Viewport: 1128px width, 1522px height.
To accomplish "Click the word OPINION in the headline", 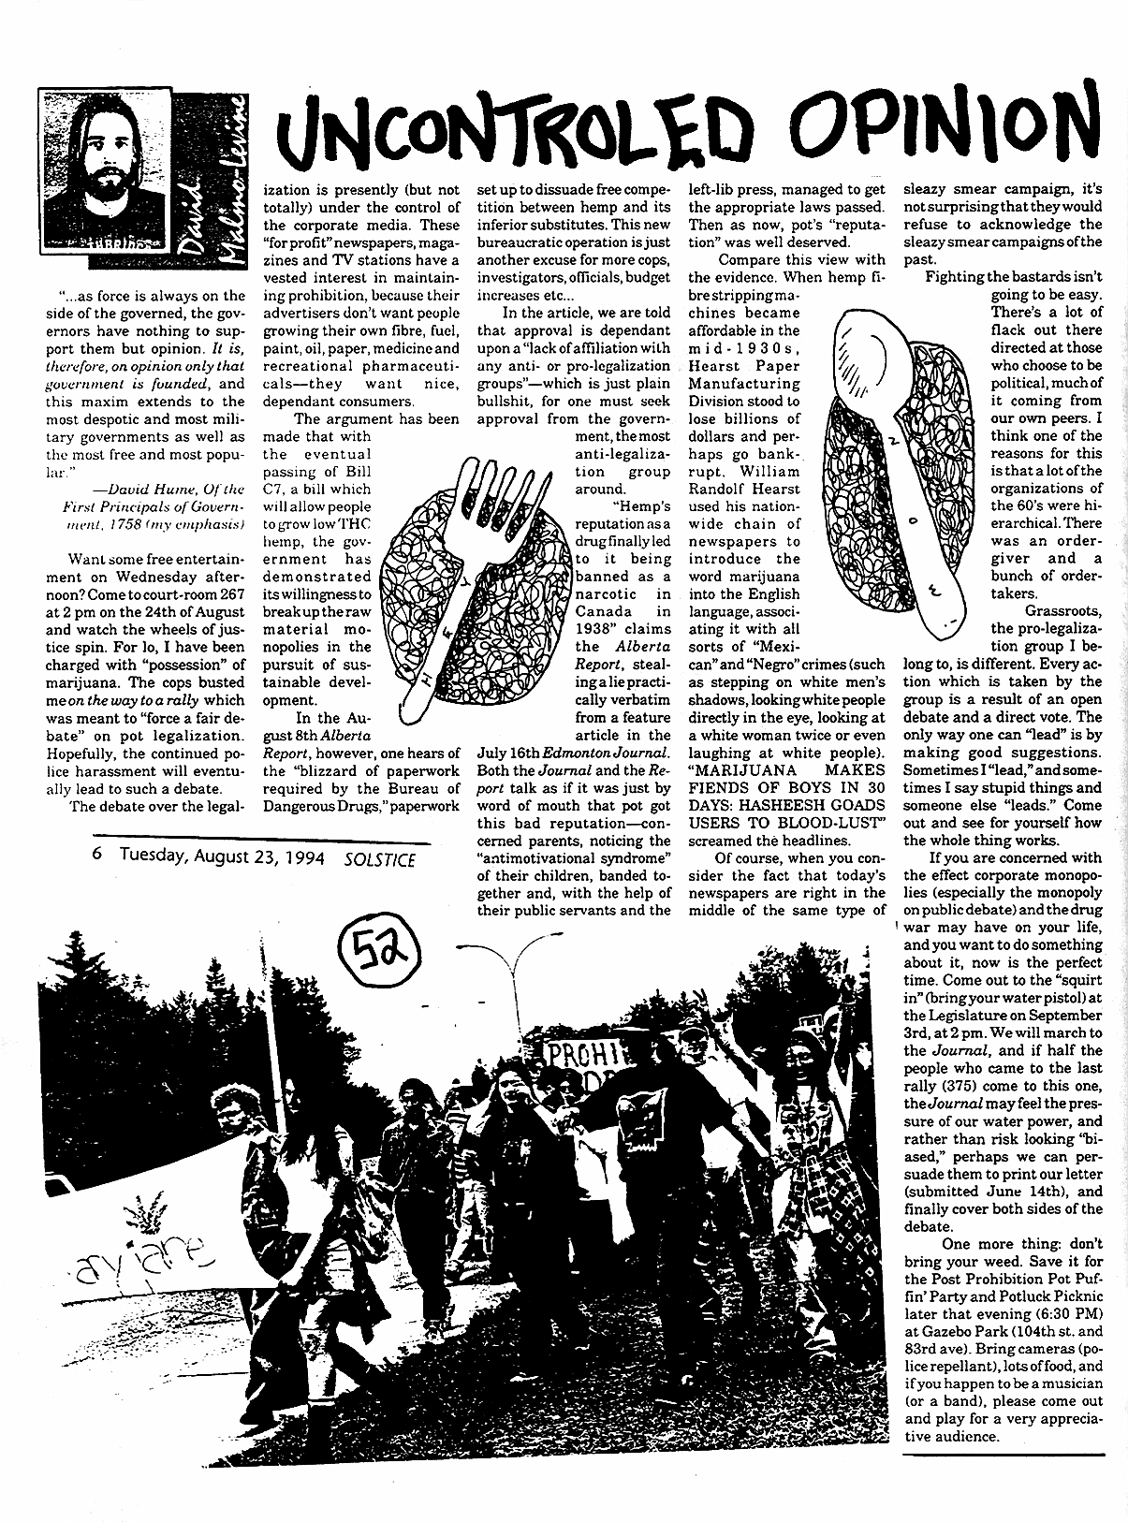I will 947,128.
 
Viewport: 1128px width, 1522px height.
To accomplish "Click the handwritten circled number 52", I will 374,951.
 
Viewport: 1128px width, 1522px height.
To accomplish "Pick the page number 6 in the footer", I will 97,856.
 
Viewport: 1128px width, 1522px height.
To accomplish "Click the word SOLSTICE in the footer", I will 380,856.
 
